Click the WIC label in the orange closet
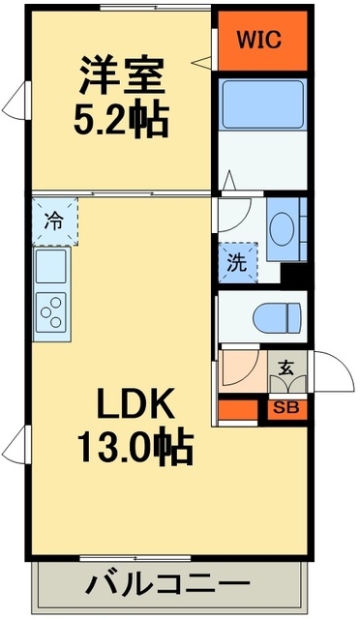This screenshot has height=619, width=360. [258, 42]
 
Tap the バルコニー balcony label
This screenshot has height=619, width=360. [167, 585]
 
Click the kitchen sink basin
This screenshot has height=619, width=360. [50, 264]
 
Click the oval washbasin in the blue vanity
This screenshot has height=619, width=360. [282, 230]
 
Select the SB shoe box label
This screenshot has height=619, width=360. [286, 407]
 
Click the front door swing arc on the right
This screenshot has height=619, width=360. [325, 371]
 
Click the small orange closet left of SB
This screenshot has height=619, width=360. [241, 407]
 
